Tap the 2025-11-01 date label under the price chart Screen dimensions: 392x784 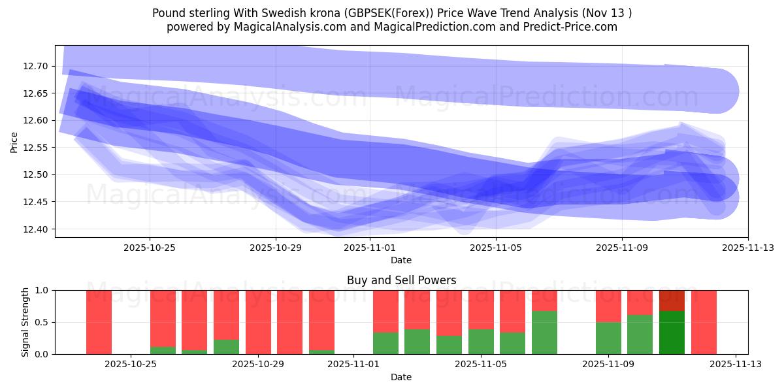coord(369,248)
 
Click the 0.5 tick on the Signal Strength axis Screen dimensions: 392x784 coord(42,322)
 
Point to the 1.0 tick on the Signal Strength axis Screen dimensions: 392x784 coord(42,290)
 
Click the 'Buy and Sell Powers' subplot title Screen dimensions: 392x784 coord(401,281)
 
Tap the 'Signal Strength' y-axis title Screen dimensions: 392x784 coord(25,322)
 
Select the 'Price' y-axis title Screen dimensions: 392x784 coord(14,142)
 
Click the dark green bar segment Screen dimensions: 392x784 coord(672,333)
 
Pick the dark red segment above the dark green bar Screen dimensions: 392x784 coord(672,301)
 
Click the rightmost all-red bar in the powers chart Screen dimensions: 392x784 coord(704,322)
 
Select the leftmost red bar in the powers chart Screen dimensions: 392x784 coord(99,322)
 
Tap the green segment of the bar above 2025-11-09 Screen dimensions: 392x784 coord(608,338)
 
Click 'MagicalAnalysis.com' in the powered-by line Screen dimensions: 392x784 coord(285,27)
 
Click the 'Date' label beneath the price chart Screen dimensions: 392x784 coord(401,260)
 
